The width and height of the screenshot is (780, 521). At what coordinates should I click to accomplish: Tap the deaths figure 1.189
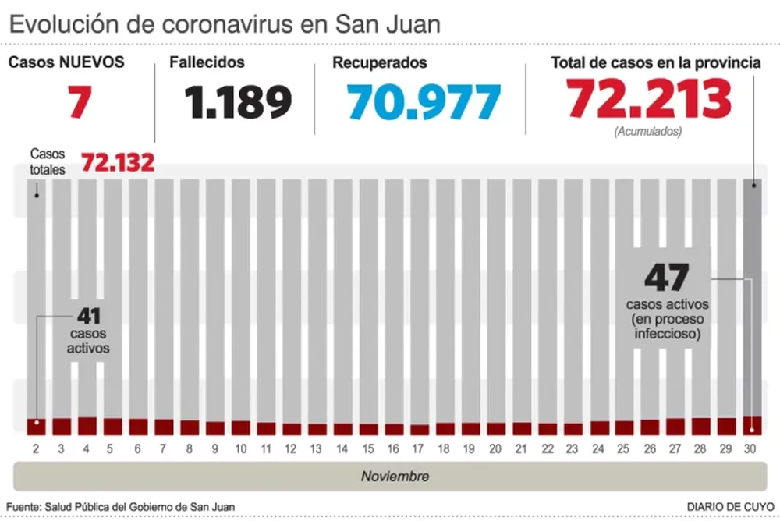[x=239, y=102]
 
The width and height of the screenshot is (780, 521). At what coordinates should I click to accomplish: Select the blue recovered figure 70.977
[x=424, y=102]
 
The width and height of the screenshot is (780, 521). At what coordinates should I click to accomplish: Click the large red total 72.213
[x=649, y=99]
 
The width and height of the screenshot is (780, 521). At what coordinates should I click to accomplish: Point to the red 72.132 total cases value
[x=118, y=163]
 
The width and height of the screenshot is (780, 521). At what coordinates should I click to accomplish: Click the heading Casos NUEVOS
[x=66, y=62]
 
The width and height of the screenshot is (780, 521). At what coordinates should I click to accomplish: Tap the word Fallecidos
[x=207, y=62]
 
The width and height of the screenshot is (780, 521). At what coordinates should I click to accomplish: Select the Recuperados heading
[x=380, y=62]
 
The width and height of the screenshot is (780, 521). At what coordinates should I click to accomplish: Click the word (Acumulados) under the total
[x=647, y=131]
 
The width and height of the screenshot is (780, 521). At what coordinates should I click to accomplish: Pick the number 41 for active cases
[x=88, y=317]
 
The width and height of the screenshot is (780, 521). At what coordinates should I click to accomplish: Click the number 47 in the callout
[x=667, y=278]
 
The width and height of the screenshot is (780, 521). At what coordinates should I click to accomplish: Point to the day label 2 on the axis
[x=36, y=449]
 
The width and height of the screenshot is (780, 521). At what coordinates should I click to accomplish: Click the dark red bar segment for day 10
[x=241, y=428]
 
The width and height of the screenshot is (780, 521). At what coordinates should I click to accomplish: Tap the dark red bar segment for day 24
[x=599, y=428]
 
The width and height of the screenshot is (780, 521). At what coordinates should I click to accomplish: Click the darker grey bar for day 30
[x=752, y=296]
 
